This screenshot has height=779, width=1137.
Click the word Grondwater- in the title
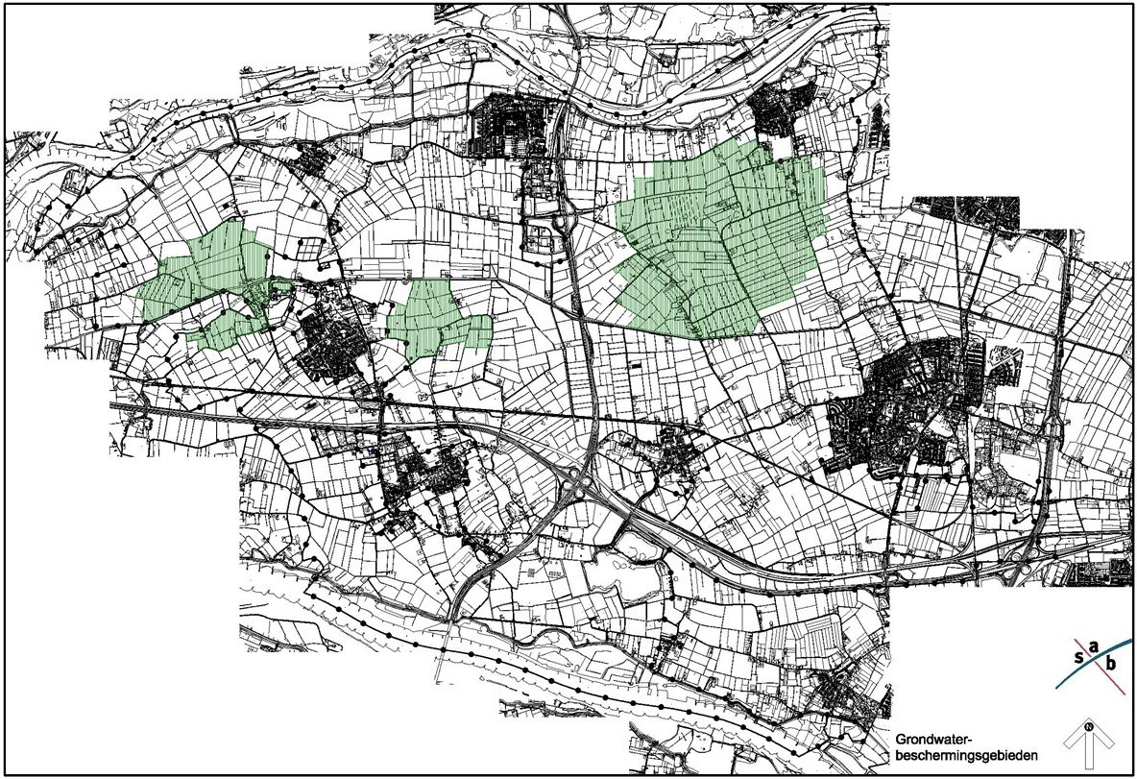click(x=933, y=741)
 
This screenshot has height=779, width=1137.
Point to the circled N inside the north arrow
click(x=1088, y=726)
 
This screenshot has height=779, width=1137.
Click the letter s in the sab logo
click(x=1078, y=658)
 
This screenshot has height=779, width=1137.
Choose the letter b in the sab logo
click(x=1112, y=664)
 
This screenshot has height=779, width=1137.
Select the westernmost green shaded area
click(x=206, y=283)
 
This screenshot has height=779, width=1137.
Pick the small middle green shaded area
click(x=437, y=317)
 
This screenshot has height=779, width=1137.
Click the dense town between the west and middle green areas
click(x=331, y=341)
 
